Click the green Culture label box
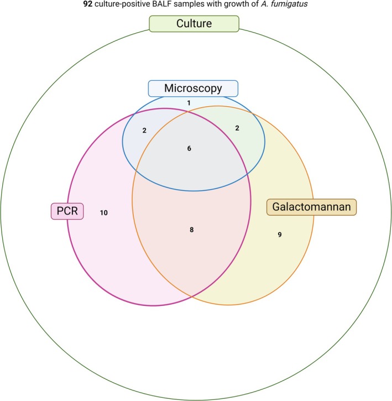tap(194, 24)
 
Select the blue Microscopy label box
tap(193, 88)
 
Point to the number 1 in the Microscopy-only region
tap(189, 103)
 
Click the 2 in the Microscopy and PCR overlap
tap(144, 131)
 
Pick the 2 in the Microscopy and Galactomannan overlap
tap(237, 128)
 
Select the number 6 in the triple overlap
tap(189, 148)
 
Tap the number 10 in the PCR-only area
tap(103, 212)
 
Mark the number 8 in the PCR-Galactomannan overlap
tap(191, 230)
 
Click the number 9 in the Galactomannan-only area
tap(280, 235)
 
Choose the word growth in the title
tap(237, 6)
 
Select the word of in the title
tap(257, 6)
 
